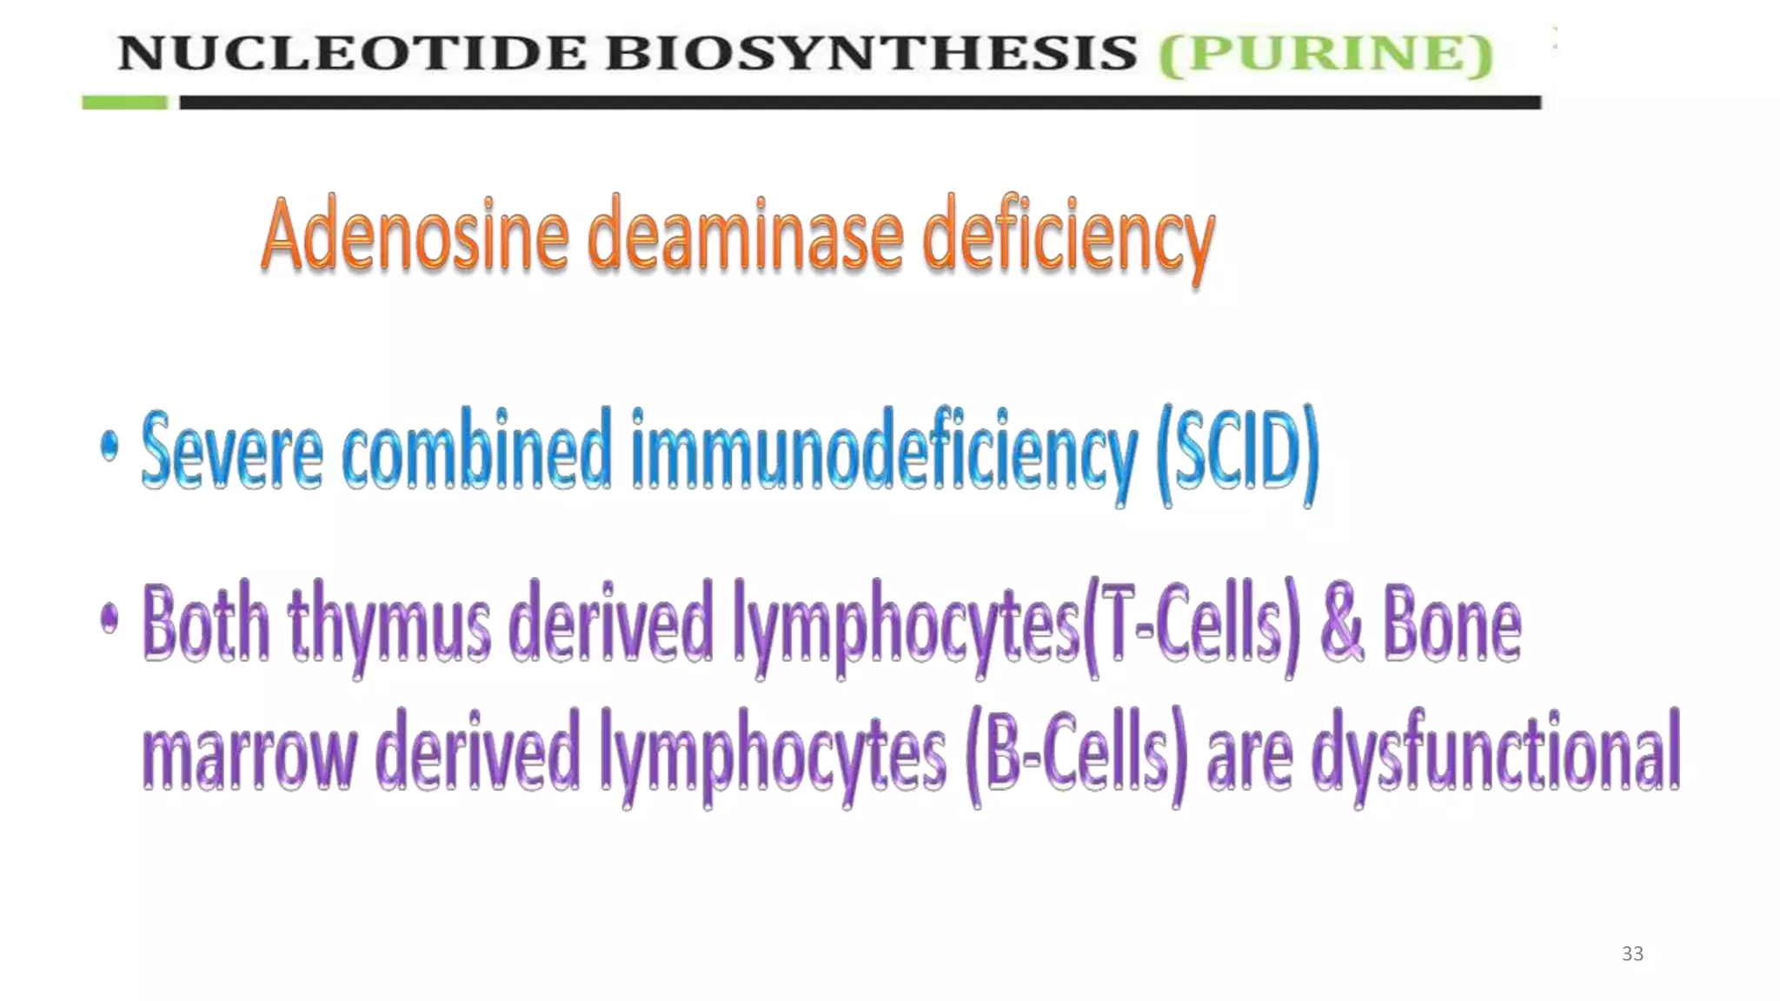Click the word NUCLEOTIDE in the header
point(352,53)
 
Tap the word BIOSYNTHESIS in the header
point(871,53)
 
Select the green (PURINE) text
point(1325,54)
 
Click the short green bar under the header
point(124,103)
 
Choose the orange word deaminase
point(746,235)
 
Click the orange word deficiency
point(1067,239)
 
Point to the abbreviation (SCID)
point(1238,454)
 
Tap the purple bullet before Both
point(110,619)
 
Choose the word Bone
point(1451,622)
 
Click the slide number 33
point(1632,953)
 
